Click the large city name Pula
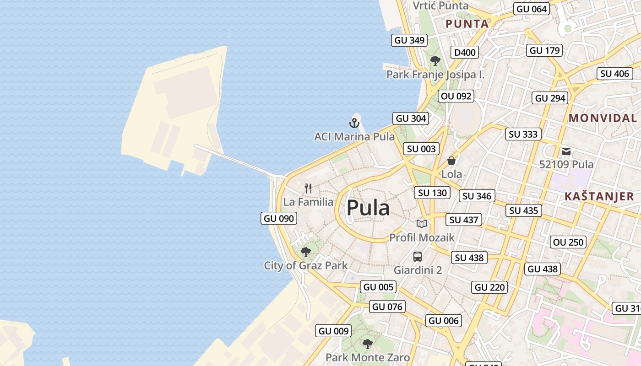point(368,209)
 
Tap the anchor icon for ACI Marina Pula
point(354,123)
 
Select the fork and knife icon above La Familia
point(308,188)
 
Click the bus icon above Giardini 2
point(418,256)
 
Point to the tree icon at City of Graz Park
point(305,252)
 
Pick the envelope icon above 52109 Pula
point(566,151)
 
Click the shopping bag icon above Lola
point(451,161)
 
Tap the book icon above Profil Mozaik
point(422,224)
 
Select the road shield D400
point(465,53)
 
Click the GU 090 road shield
point(279,218)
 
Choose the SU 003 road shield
point(421,149)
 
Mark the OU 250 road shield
point(569,242)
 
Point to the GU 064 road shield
point(531,9)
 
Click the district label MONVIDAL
point(603,118)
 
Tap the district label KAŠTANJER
point(599,197)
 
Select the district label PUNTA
point(467,24)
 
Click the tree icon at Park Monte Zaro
point(367,343)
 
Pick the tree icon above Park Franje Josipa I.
point(435,60)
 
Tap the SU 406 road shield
point(615,73)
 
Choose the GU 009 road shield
point(334,331)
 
